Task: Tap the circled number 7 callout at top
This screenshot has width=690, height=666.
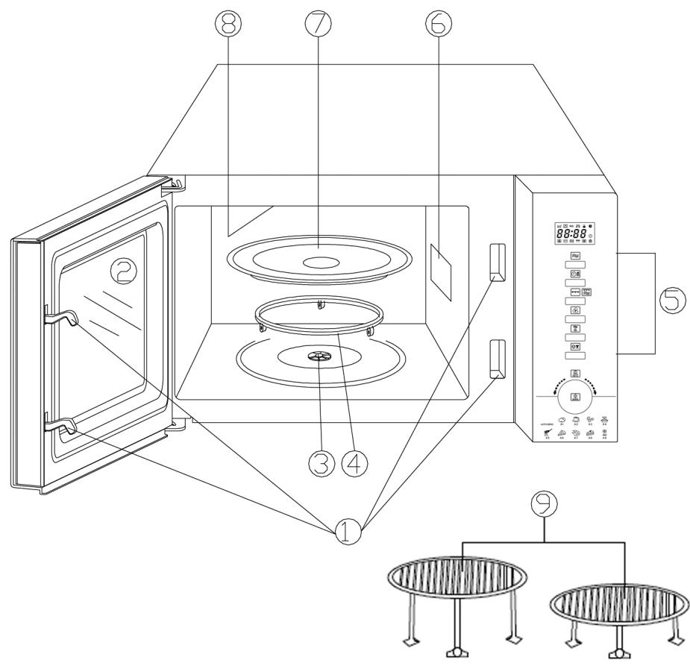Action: click(319, 25)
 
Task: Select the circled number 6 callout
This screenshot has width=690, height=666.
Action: click(439, 25)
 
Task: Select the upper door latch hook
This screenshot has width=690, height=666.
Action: click(63, 319)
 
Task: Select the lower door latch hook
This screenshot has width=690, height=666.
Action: click(63, 427)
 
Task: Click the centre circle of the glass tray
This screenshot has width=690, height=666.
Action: click(319, 262)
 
